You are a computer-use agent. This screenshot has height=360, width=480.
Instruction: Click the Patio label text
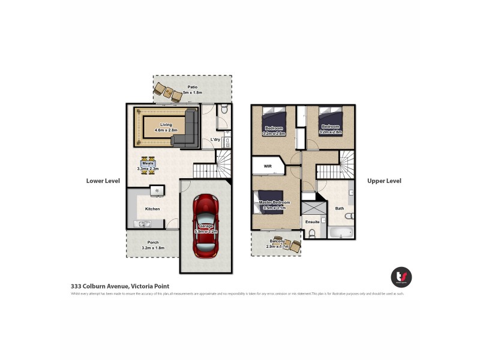click(x=192, y=87)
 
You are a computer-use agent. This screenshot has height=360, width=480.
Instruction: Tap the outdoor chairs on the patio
click(x=167, y=92)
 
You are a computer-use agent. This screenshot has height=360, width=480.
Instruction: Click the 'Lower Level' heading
click(x=103, y=181)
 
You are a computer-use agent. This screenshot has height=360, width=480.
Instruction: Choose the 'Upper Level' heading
click(x=384, y=181)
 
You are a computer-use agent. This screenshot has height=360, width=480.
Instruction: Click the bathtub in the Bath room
click(x=340, y=232)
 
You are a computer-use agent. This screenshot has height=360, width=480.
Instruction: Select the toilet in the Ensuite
click(x=311, y=233)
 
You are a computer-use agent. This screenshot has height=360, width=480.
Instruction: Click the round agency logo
click(x=401, y=277)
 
